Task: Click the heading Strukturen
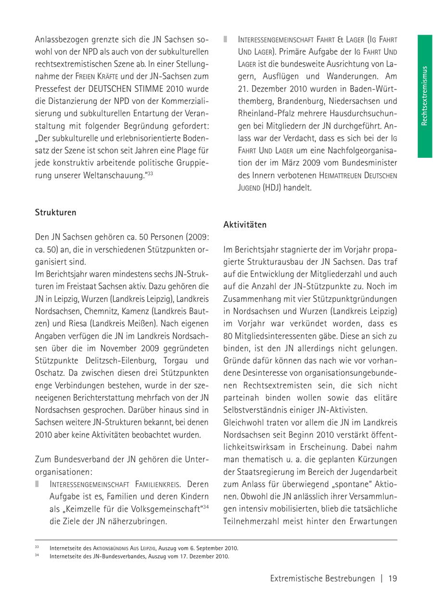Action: coord(55,212)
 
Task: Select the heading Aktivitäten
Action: coord(245,225)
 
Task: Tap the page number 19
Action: coord(392,578)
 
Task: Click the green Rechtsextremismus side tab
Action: coord(424,96)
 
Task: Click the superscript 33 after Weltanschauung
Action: coord(150,173)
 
